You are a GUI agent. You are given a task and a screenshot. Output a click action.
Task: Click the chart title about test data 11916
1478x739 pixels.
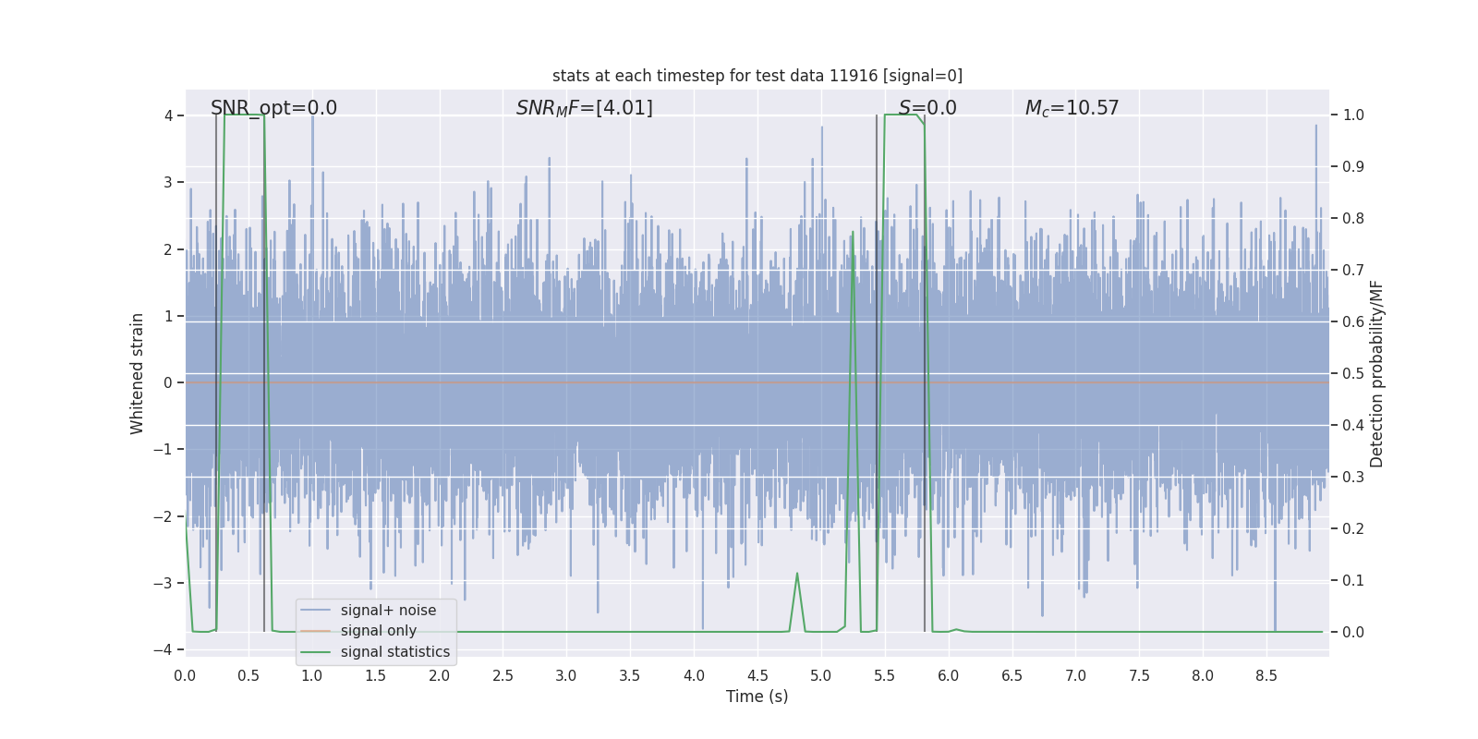[x=757, y=76]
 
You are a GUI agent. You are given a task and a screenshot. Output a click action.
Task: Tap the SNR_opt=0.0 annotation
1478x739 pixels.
[x=273, y=108]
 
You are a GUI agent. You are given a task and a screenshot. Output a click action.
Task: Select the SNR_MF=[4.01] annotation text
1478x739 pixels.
[x=584, y=108]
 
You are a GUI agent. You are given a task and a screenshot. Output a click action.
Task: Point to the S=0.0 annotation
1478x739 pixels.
[x=927, y=108]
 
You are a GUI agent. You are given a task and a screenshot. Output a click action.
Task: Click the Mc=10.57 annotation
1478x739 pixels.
[x=1072, y=108]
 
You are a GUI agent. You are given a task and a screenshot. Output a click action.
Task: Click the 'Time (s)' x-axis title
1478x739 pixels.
[x=757, y=697]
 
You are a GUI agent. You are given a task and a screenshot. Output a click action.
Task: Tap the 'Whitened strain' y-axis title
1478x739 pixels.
[x=138, y=373]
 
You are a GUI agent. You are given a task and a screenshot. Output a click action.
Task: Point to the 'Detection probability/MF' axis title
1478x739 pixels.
[x=1376, y=373]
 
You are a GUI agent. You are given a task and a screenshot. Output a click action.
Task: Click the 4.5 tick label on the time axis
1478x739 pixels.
[x=757, y=676]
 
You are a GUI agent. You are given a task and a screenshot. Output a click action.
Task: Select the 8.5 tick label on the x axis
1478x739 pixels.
[x=1266, y=676]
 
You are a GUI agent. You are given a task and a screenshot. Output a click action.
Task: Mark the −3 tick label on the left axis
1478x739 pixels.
[x=163, y=583]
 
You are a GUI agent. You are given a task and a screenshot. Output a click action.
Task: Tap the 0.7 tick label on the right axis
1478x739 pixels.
[x=1353, y=271]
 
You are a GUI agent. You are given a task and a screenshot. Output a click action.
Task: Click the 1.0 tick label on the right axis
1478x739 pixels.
[x=1353, y=115]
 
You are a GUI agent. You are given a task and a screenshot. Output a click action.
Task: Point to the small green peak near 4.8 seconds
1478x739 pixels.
[x=796, y=575]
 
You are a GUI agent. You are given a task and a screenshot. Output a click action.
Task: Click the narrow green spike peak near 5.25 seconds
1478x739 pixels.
[x=853, y=233]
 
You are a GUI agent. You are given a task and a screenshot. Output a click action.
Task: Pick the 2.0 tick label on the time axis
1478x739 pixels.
[x=439, y=676]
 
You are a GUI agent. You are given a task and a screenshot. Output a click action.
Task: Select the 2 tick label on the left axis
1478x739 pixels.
[x=168, y=249]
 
